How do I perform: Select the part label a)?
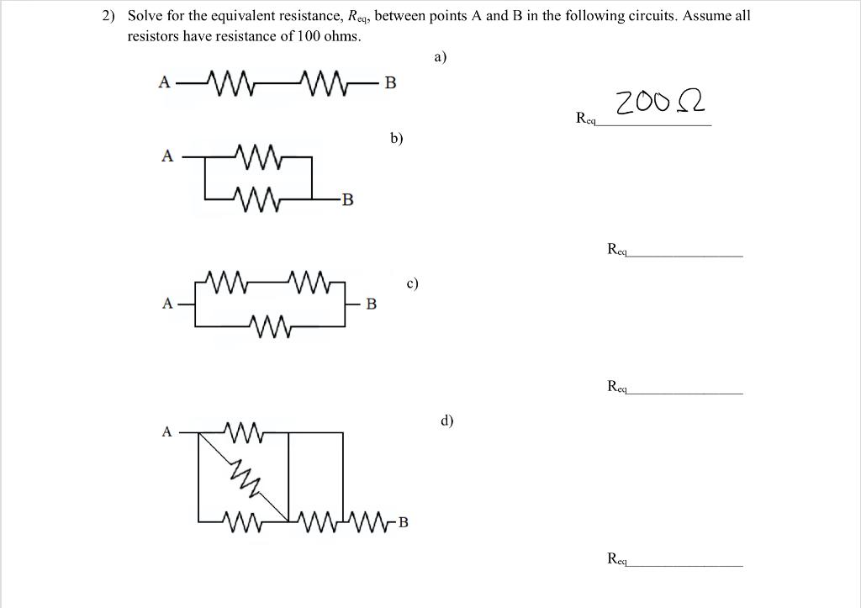pos(441,57)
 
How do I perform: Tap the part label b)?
pos(397,138)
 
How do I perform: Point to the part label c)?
pos(412,283)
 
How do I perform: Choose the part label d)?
pos(446,420)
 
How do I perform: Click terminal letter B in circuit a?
pos(390,82)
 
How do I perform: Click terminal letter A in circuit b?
pos(167,156)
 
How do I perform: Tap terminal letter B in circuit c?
pos(371,303)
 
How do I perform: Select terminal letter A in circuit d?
pos(166,432)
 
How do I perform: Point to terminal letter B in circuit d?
pos(403,522)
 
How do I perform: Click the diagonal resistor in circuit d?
pos(247,476)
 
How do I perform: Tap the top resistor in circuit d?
pos(246,432)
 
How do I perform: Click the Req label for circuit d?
pos(619,558)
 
